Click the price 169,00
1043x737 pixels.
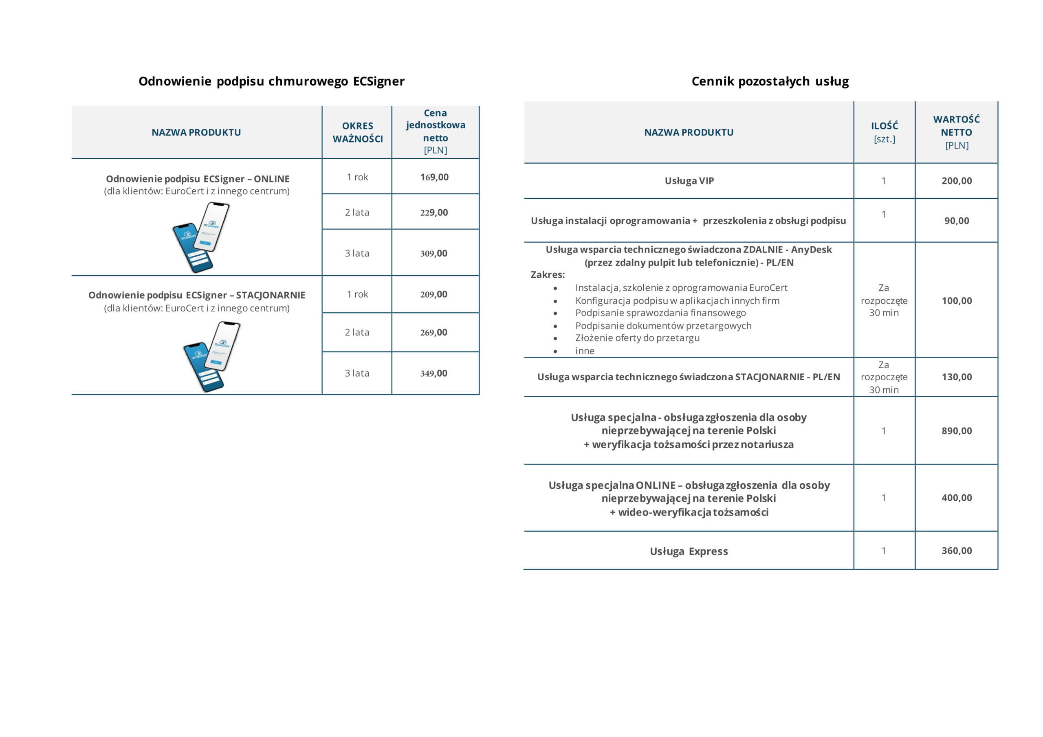tap(434, 177)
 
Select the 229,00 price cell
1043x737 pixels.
tap(434, 213)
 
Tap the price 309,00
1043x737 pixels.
tap(434, 253)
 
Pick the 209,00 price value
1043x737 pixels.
tap(434, 294)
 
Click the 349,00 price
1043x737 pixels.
tap(434, 373)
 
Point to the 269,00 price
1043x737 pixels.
tap(434, 332)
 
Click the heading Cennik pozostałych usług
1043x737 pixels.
tap(770, 81)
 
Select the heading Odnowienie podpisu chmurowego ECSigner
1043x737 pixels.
tap(271, 81)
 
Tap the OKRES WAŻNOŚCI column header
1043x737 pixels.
tap(357, 132)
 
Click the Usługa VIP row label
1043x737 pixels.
tap(689, 181)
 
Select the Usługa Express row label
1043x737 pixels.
tap(689, 551)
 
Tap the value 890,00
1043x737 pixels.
tap(956, 430)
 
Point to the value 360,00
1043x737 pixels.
tap(956, 551)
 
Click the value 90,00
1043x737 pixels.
tap(956, 221)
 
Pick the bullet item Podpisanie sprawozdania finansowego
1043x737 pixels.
tap(660, 313)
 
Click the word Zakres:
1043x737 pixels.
tap(548, 275)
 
